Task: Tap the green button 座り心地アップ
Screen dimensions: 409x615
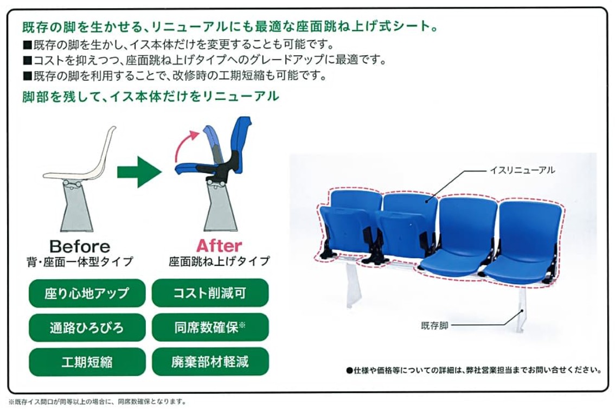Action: pos(87,293)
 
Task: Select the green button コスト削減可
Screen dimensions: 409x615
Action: pos(210,293)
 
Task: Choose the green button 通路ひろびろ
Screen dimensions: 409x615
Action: pos(87,328)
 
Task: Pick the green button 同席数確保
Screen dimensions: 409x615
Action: pos(210,328)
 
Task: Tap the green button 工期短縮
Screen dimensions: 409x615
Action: pos(87,362)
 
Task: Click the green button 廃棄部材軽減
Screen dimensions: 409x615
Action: pos(210,362)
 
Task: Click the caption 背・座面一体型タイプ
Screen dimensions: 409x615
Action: pos(80,261)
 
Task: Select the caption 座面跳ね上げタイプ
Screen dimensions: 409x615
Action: pos(219,261)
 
